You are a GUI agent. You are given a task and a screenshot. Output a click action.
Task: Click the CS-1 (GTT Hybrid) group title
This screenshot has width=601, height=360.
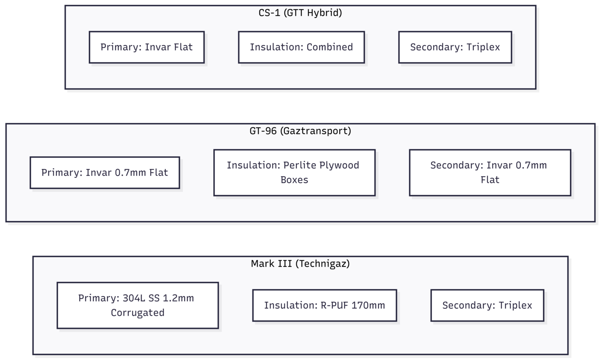300,13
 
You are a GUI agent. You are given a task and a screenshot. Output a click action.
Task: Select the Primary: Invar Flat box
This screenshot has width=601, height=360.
147,47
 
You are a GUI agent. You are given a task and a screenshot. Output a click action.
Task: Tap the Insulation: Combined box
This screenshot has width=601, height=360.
302,47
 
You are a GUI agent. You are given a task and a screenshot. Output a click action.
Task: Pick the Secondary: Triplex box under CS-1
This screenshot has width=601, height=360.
455,47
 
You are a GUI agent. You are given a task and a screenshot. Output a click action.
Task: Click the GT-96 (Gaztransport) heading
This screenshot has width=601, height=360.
300,131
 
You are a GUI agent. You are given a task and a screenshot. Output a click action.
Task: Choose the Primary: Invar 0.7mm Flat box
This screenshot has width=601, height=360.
105,173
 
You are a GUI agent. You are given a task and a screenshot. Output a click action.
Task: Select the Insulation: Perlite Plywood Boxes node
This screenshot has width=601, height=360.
294,173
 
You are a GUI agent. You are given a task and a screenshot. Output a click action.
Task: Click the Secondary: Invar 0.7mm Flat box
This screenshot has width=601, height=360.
490,173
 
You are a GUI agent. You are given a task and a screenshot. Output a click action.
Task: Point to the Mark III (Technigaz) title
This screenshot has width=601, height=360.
300,264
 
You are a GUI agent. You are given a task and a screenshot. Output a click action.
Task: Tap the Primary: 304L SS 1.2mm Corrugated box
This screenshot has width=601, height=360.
138,305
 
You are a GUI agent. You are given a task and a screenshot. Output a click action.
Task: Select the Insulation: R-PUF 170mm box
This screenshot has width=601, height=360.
325,305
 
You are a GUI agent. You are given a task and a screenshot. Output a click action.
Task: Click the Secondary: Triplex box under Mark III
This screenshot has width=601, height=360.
487,305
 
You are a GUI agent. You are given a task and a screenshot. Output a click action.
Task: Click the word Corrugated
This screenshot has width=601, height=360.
138,313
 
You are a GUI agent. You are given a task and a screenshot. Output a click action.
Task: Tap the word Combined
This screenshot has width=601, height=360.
330,47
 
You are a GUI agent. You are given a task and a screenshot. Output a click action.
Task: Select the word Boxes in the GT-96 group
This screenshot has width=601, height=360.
294,180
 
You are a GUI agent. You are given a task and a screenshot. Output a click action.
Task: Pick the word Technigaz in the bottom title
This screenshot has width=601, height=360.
321,264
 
